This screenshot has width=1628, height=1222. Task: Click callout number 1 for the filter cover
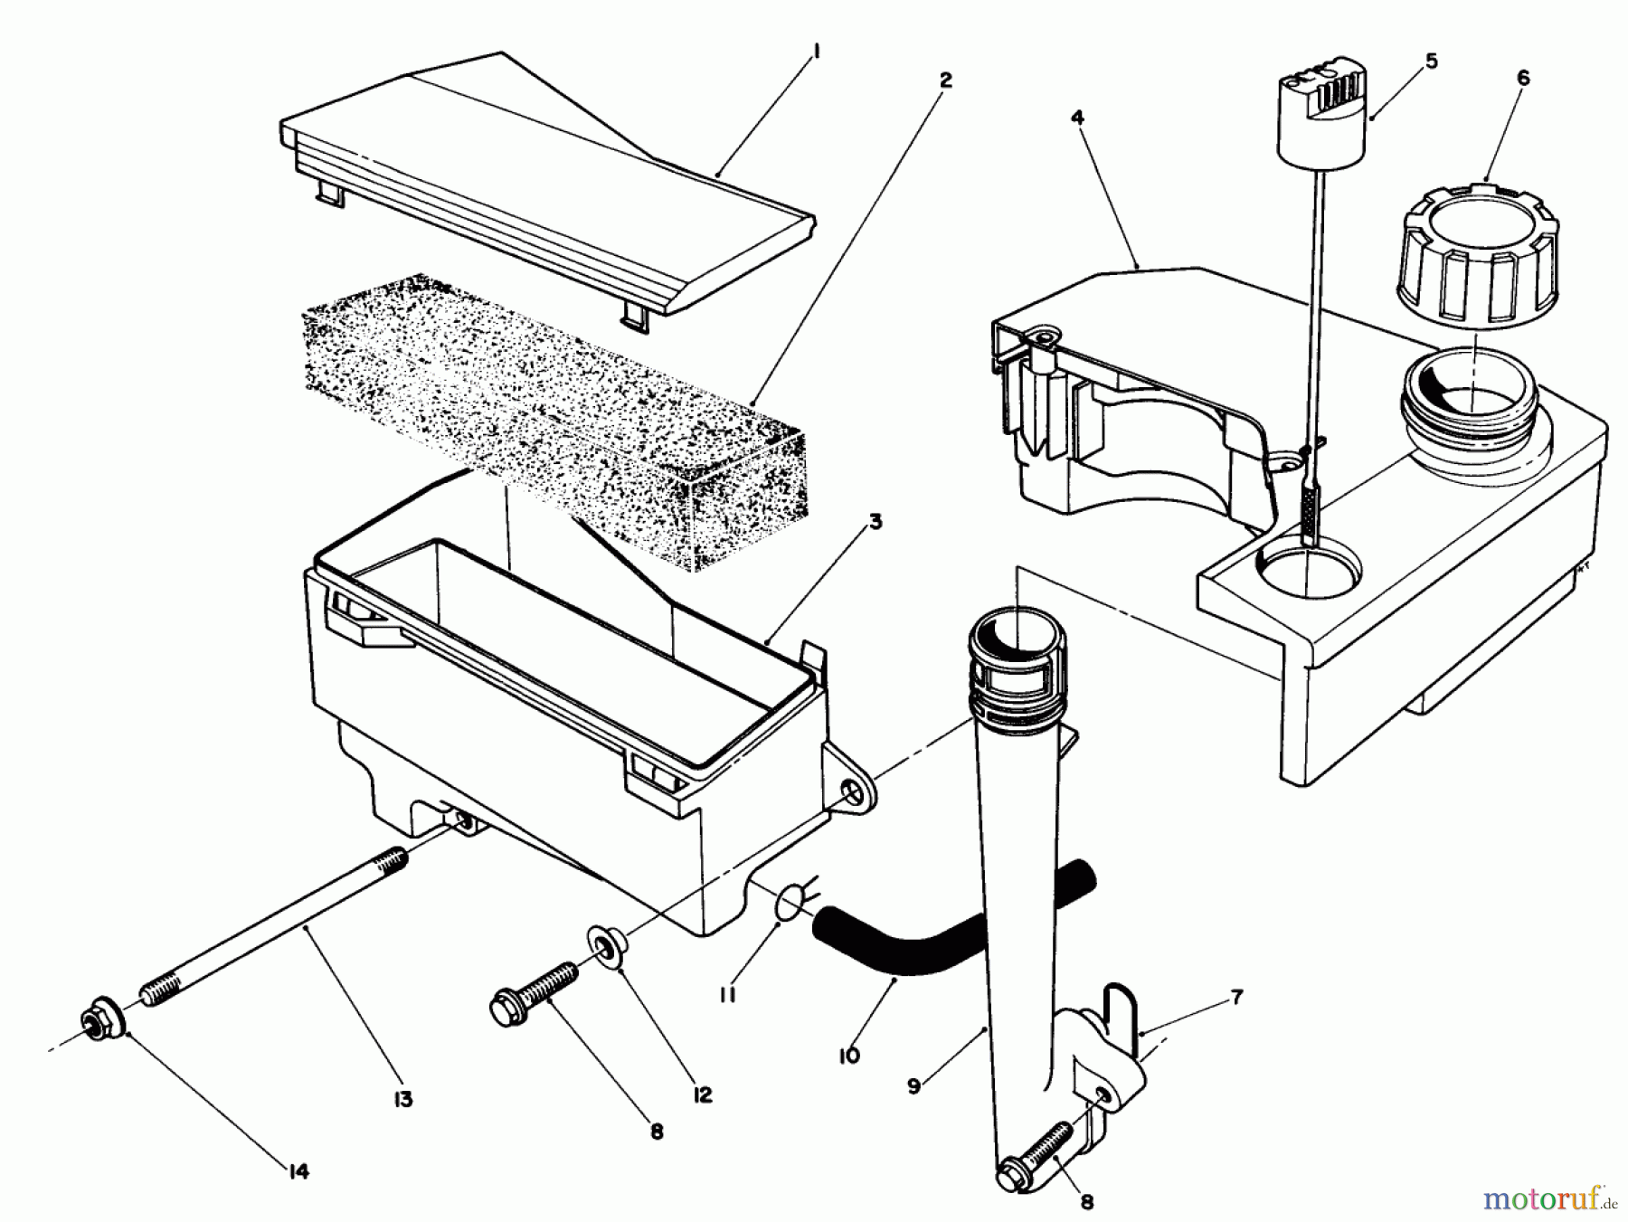click(x=816, y=52)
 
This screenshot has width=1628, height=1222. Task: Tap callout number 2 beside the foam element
click(x=945, y=81)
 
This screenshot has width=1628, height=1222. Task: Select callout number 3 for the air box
click(x=876, y=522)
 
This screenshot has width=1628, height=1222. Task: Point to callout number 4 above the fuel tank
click(x=1076, y=118)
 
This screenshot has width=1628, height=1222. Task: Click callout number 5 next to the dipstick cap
click(x=1431, y=61)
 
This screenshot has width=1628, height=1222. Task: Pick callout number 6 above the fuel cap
click(x=1523, y=79)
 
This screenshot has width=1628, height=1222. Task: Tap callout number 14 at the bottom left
click(x=298, y=1171)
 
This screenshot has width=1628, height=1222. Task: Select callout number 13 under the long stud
click(x=402, y=1099)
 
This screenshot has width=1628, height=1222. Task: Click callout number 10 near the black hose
click(x=848, y=1055)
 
